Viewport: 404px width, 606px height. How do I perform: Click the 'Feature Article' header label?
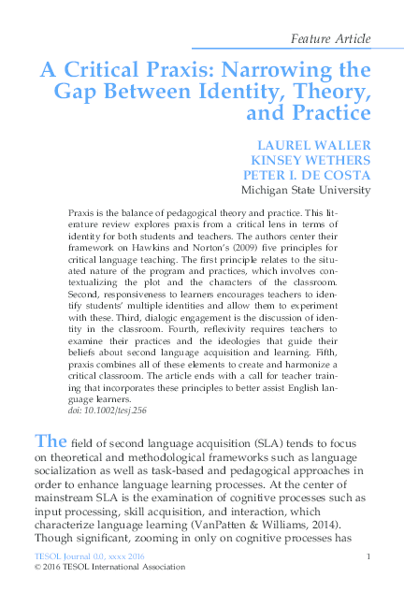click(331, 38)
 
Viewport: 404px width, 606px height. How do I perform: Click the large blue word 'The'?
click(49, 441)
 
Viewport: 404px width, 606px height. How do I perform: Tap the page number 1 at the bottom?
click(371, 557)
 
